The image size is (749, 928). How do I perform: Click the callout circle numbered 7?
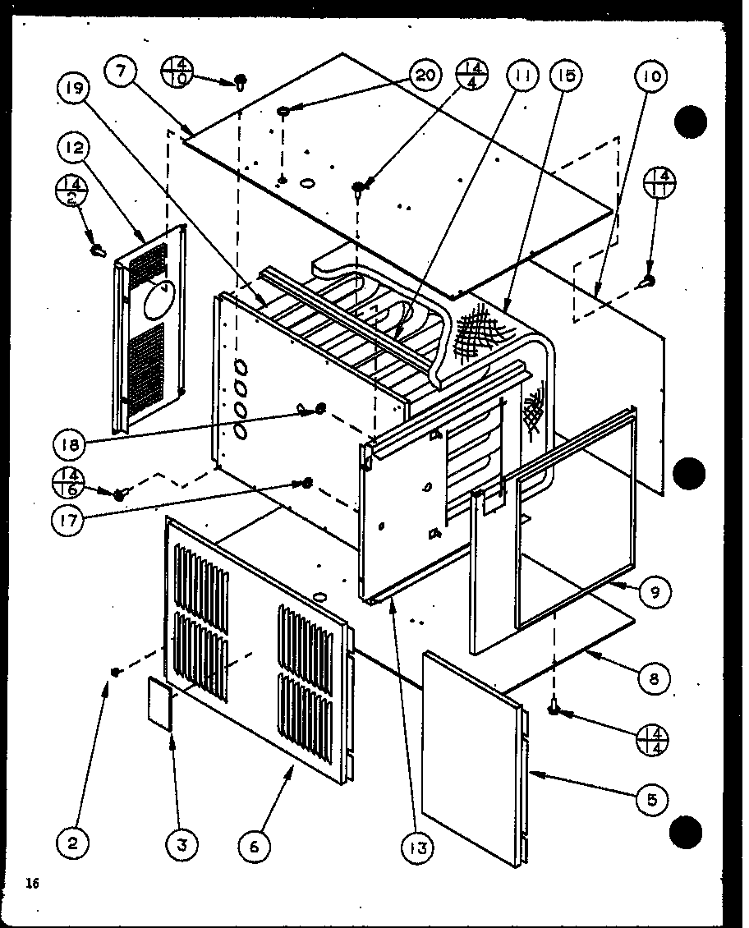pos(121,72)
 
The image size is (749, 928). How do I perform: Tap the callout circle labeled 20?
pos(422,76)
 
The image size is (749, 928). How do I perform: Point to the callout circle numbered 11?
pos(522,76)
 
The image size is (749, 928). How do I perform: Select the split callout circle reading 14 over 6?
pos(69,483)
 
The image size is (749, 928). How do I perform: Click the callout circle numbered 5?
pos(651,799)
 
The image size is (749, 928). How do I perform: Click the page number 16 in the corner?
pos(32,884)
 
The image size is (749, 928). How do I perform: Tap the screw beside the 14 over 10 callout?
pos(241,80)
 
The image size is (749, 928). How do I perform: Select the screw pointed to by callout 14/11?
pos(647,283)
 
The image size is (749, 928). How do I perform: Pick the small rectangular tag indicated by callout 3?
pos(160,703)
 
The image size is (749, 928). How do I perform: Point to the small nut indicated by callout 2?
pos(117,672)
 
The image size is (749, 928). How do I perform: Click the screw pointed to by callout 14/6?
pos(121,494)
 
